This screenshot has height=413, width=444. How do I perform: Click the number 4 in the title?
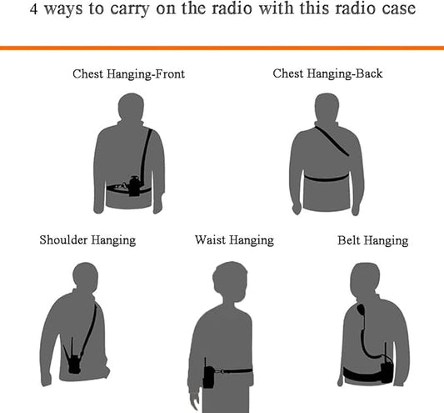(x=33, y=9)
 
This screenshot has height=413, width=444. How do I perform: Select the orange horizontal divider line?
(x=222, y=48)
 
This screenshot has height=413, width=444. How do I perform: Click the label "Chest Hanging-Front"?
(x=128, y=74)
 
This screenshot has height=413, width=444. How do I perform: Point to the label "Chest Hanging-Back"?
(x=327, y=73)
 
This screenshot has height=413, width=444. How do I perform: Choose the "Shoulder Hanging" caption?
(x=87, y=240)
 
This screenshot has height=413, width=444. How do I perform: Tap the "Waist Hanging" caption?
(x=234, y=240)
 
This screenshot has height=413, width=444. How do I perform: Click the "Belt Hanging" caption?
(x=372, y=240)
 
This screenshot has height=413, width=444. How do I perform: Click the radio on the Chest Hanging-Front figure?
(x=134, y=186)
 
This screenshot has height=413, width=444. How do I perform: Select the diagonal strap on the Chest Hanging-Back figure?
(x=332, y=141)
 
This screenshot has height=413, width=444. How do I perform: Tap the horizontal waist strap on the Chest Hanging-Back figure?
(x=327, y=179)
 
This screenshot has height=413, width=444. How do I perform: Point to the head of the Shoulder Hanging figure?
(x=86, y=276)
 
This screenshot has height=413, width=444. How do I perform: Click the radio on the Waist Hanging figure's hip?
(x=208, y=375)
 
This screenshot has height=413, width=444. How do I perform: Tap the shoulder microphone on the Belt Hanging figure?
(x=362, y=310)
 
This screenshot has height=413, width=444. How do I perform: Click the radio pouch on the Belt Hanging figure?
(x=387, y=369)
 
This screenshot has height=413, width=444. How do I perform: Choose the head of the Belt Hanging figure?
(x=365, y=277)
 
